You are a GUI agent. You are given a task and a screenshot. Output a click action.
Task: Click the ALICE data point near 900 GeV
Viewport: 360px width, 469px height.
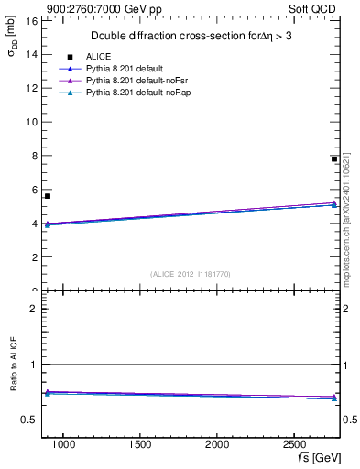click(x=48, y=196)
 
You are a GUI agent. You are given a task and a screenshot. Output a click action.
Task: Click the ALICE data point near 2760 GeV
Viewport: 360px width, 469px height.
click(x=334, y=159)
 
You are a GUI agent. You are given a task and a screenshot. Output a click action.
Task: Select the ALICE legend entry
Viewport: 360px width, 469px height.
click(x=98, y=57)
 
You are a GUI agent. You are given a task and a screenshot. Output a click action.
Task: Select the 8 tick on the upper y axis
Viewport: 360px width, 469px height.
click(x=33, y=156)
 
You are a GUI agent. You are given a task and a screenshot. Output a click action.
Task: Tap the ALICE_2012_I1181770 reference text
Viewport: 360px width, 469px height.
click(x=191, y=274)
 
